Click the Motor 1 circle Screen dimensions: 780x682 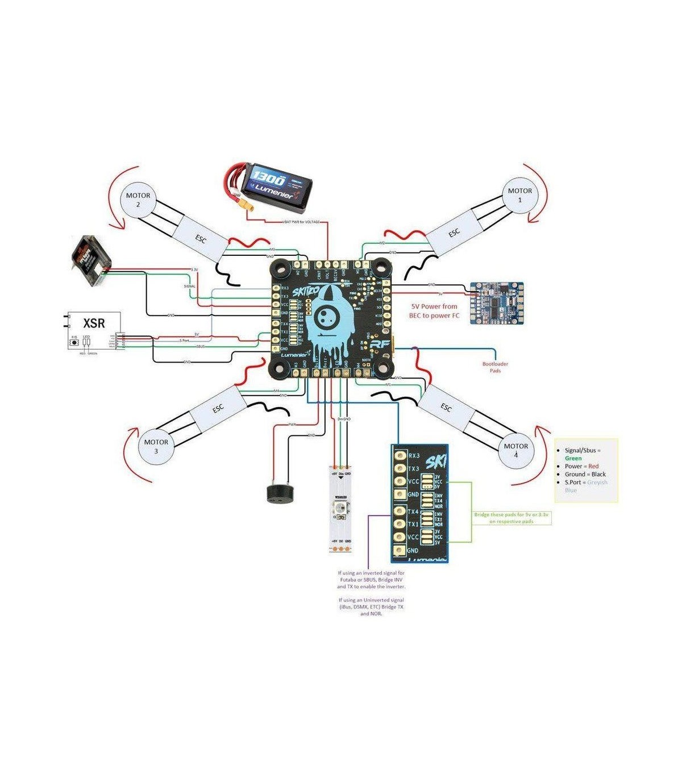[519, 196]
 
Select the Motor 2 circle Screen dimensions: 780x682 [138, 200]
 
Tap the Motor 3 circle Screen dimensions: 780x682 [156, 446]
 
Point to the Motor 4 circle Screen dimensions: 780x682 [516, 450]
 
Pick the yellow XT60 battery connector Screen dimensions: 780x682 [251, 208]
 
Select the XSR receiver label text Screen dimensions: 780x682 [94, 323]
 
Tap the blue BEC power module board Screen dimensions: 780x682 [496, 303]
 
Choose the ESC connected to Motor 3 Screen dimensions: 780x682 [218, 408]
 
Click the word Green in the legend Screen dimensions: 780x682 [573, 458]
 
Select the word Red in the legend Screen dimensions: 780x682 [593, 466]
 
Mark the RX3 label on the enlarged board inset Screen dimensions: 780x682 [414, 455]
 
